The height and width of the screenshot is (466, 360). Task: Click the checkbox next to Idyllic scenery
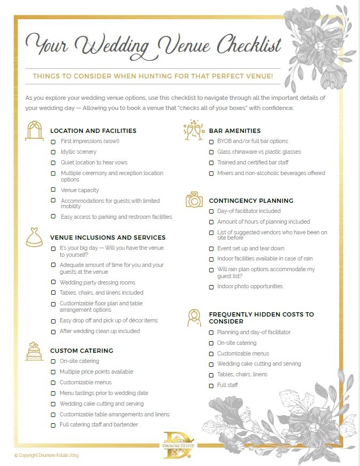pos(53,152)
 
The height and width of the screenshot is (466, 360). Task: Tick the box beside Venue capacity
pos(53,190)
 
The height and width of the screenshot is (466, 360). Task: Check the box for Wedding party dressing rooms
pos(53,282)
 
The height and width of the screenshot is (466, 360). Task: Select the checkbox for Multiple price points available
pos(53,372)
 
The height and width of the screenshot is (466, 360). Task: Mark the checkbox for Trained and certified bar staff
pos(211,163)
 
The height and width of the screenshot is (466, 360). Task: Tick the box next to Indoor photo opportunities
pos(211,287)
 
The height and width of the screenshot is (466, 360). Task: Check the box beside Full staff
pos(211,385)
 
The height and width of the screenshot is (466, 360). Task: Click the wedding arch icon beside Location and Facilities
pos(35,131)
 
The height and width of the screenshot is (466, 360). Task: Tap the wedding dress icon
pos(34,238)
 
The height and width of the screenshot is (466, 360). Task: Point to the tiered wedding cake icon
pos(34,351)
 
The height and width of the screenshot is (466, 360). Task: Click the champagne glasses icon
pos(194,130)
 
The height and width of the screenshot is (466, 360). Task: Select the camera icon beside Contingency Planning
pos(194,200)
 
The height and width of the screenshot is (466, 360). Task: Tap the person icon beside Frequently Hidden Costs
pos(194,318)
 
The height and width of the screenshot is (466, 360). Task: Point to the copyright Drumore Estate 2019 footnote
pos(46,455)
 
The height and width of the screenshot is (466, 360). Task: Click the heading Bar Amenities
pos(235,131)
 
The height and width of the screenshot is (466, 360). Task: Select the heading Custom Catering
pos(82,351)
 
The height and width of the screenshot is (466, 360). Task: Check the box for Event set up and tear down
pos(211,249)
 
